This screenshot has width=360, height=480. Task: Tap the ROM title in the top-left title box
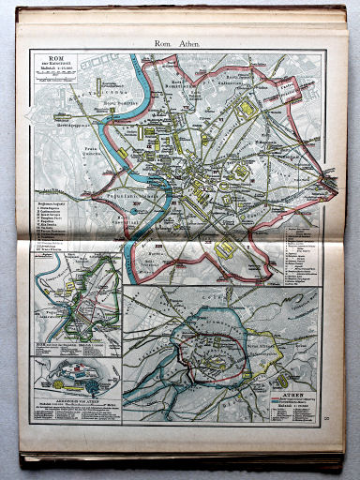coord(59,59)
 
